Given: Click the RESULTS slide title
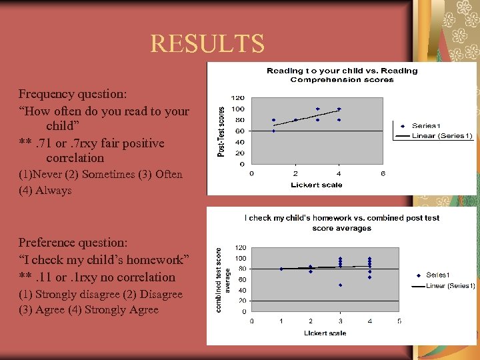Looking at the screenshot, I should point(207,43).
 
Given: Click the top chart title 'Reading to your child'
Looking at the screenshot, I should point(342,75).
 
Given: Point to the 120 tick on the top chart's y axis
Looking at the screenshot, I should point(237,98).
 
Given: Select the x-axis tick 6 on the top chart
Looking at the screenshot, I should point(383,174).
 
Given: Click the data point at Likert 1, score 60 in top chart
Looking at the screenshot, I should point(273,131).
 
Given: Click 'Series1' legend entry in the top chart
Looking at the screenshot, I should point(426,125).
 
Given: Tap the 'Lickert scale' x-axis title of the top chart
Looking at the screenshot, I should point(317,185).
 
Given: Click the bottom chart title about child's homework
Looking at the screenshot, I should point(342,223).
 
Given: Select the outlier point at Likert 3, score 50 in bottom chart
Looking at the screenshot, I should point(340,285).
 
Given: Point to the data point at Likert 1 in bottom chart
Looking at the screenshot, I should point(281,269).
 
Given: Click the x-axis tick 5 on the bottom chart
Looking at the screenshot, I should point(399,321).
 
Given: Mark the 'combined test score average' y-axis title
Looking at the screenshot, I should point(222,279).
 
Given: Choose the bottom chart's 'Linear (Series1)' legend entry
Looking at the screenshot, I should point(449,286).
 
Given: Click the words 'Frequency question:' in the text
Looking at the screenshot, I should point(74,95).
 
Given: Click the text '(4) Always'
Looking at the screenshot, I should point(45,191).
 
